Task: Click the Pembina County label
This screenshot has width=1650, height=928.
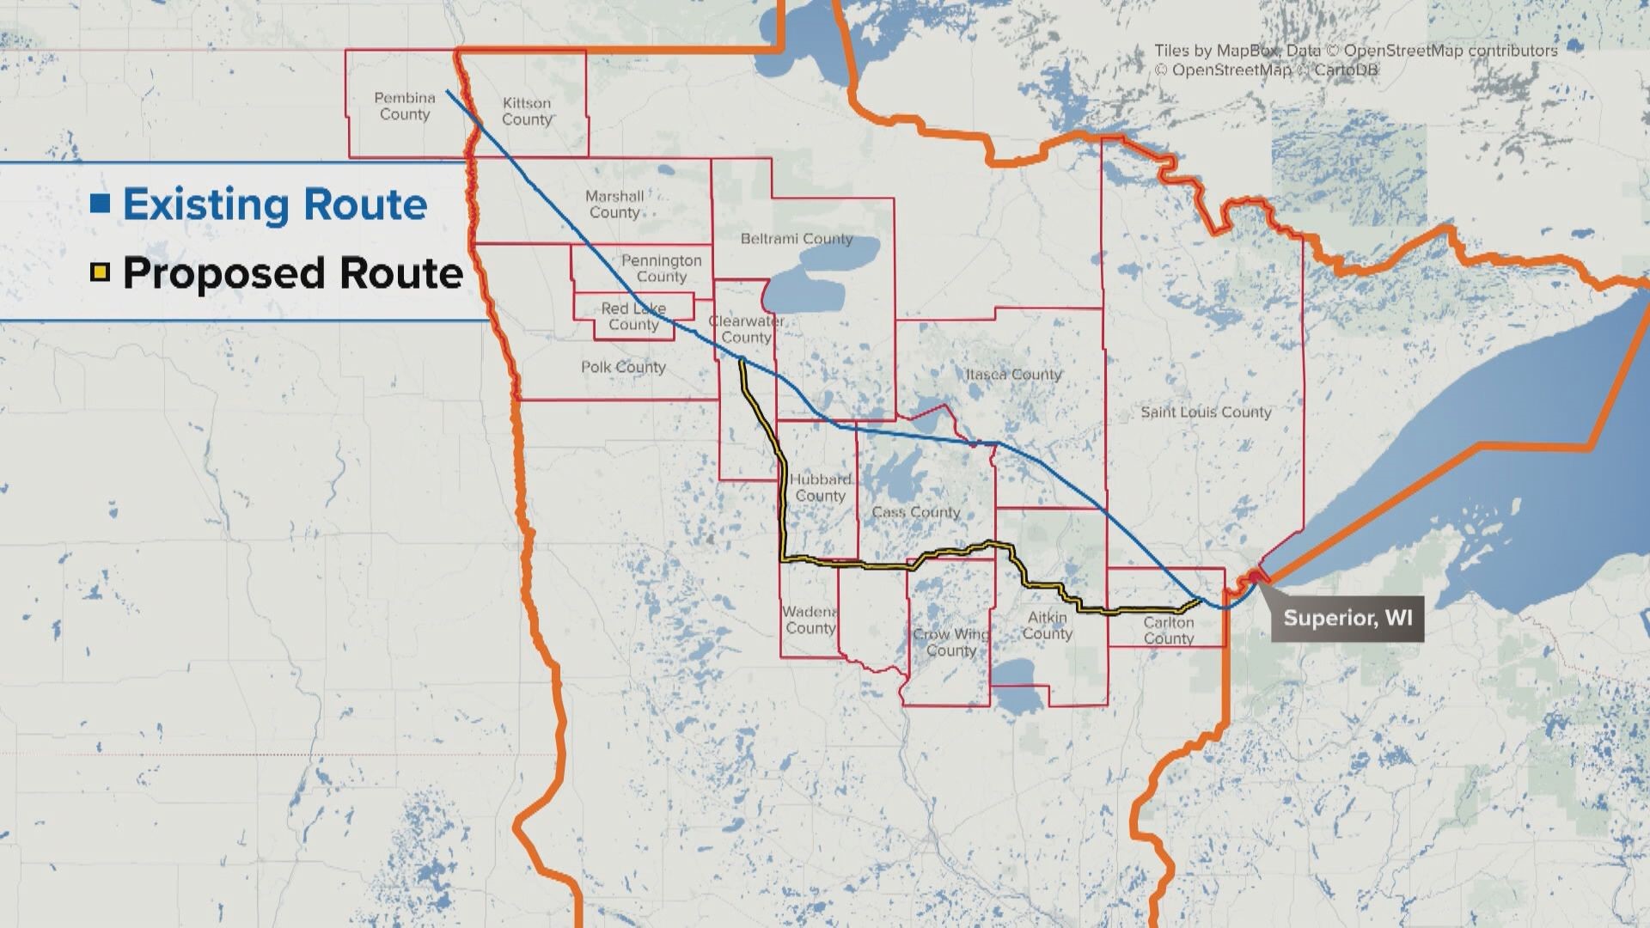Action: click(x=405, y=107)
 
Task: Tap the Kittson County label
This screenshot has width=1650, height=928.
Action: click(x=527, y=112)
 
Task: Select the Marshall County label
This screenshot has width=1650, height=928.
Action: click(x=614, y=205)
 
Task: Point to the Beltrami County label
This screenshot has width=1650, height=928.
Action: click(x=797, y=239)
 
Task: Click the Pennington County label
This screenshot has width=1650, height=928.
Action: click(x=661, y=268)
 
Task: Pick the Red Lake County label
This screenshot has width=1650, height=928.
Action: click(x=633, y=316)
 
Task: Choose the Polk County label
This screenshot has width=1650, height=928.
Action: click(x=623, y=367)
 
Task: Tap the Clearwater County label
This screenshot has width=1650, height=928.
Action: click(x=746, y=329)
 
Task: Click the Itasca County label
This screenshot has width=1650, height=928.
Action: click(x=1013, y=375)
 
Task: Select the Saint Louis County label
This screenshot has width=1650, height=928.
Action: click(x=1206, y=412)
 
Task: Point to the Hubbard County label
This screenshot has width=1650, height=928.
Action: click(x=821, y=487)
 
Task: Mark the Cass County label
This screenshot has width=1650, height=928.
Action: click(x=915, y=512)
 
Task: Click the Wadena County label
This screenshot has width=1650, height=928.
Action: click(x=810, y=620)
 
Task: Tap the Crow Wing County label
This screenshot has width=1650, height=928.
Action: click(x=950, y=642)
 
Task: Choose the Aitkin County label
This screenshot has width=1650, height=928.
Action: click(x=1047, y=626)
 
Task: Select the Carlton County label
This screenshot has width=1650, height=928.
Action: click(x=1168, y=630)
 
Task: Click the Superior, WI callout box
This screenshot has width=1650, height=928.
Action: click(x=1347, y=619)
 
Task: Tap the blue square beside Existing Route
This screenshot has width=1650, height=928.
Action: click(x=101, y=205)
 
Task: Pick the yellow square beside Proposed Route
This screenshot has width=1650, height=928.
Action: click(x=101, y=273)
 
